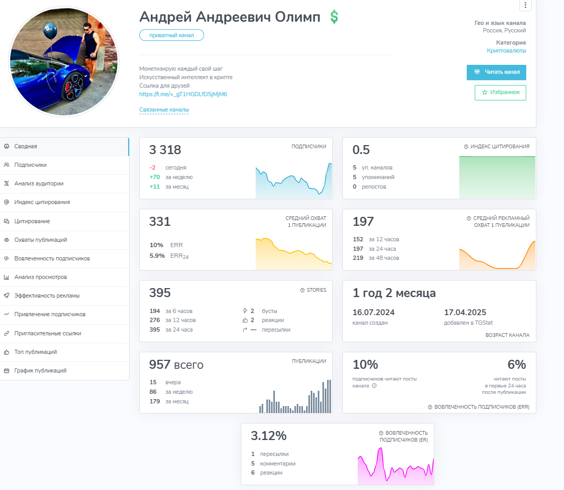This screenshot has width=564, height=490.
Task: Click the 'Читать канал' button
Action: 496,72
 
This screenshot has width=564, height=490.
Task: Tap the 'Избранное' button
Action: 500,92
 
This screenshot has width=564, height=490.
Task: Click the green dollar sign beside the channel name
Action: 334,17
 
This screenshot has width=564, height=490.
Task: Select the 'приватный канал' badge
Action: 172,35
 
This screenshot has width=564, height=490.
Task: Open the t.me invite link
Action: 183,94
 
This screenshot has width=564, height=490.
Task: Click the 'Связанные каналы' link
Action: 164,109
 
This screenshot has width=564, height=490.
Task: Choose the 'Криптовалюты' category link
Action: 507,50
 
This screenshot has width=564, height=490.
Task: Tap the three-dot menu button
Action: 525,5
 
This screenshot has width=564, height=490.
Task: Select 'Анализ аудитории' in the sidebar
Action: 39,183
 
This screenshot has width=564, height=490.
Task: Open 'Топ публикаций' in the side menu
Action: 36,352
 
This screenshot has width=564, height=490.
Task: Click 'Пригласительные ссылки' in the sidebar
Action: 48,333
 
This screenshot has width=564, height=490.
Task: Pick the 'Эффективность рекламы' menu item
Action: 47,295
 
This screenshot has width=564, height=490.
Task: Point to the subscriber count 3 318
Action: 165,150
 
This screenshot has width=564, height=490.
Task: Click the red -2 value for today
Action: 153,167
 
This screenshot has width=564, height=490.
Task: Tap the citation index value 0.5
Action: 361,150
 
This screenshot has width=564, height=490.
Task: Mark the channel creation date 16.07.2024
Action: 373,312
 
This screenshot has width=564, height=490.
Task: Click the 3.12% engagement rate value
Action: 268,436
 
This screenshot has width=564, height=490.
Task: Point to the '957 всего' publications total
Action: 176,365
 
